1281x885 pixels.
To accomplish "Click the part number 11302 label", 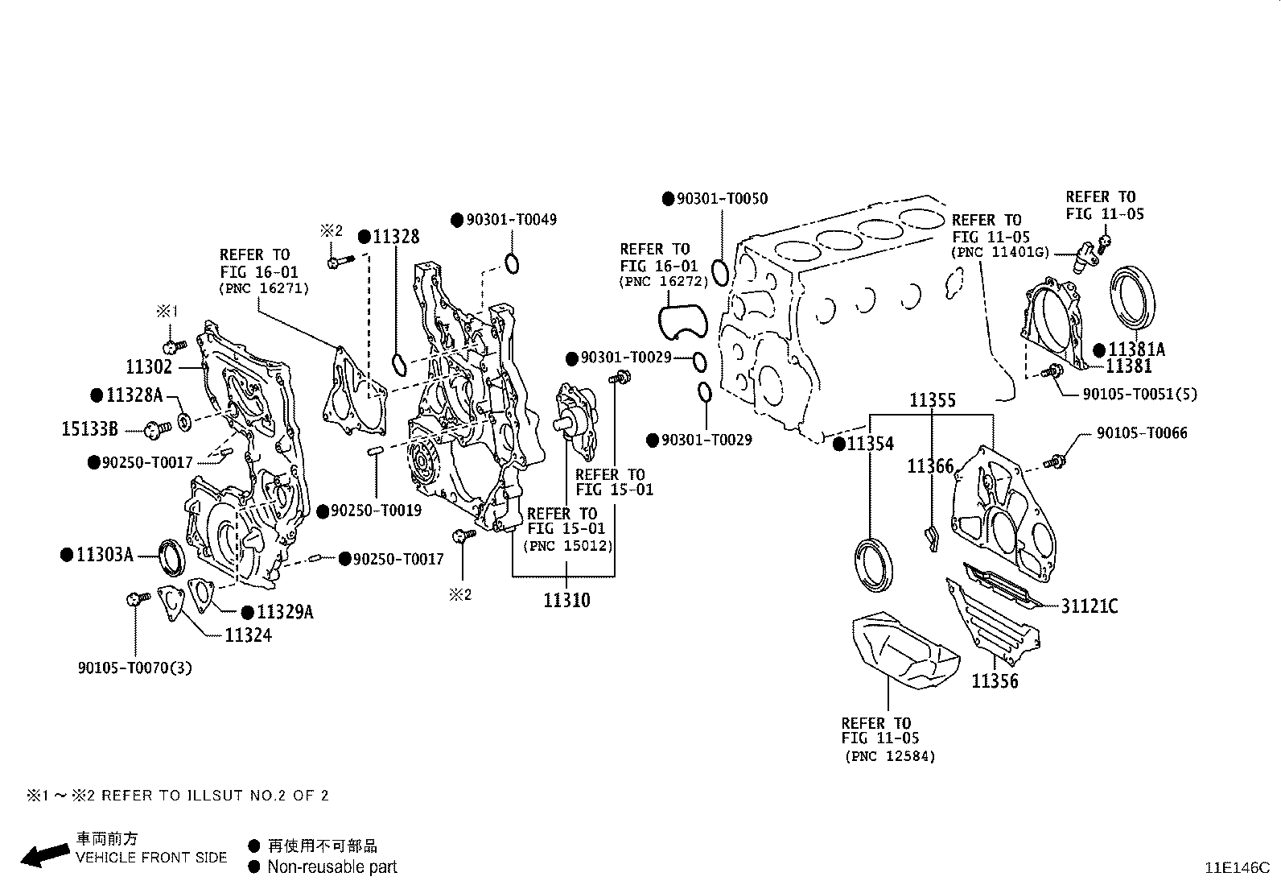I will [150, 367].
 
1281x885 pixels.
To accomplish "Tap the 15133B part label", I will [89, 429].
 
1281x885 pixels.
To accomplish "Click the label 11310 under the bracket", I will [566, 601].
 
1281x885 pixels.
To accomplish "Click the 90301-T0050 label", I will [721, 199].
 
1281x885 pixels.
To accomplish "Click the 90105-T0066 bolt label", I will [1141, 433].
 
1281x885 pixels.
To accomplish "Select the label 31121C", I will [1089, 606].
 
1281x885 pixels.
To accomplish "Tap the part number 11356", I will [995, 681].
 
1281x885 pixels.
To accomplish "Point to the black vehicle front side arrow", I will [45, 855].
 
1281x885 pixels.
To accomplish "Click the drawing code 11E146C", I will [1236, 868].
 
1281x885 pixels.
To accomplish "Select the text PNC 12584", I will [890, 756].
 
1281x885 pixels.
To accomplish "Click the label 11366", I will [930, 467].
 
